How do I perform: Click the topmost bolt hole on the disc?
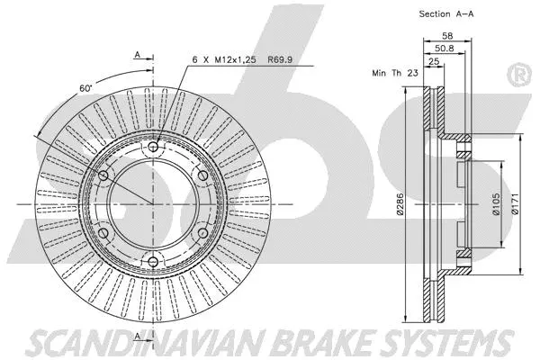pyautogui.click(x=152, y=147)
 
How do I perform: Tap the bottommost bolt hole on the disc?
pyautogui.click(x=152, y=263)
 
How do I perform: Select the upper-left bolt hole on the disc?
pyautogui.click(x=103, y=175)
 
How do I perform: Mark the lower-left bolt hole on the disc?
pyautogui.click(x=103, y=234)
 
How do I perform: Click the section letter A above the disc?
pyautogui.click(x=138, y=56)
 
